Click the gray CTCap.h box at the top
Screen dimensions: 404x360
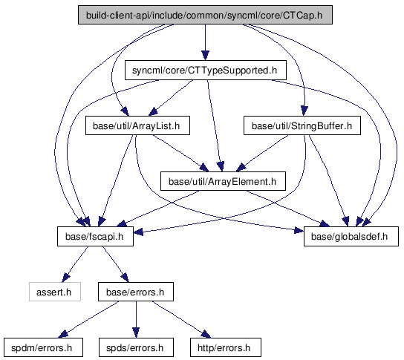pos(205,15)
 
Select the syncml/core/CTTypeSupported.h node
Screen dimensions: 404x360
pos(206,71)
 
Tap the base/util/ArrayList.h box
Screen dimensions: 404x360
pos(137,125)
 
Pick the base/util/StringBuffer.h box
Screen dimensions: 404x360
pos(302,125)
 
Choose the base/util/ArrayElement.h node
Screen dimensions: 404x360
pos(223,181)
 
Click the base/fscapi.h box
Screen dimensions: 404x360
pos(95,236)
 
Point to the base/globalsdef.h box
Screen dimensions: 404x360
pos(351,236)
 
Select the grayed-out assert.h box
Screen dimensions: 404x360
pos(55,292)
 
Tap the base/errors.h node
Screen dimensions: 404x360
pos(135,292)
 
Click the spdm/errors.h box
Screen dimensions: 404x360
pos(43,347)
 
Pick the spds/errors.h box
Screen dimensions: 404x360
pos(136,347)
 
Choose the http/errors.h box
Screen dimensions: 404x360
pos(226,347)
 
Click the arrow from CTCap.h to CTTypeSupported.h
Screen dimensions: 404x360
pos(205,42)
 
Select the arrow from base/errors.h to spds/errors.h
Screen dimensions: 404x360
pos(136,319)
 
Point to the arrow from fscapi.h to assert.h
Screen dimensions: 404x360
pos(75,264)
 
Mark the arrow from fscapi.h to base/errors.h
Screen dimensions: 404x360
pos(115,264)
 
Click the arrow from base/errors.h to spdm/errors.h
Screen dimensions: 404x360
pos(89,320)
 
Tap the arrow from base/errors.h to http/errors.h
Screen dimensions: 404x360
pos(181,320)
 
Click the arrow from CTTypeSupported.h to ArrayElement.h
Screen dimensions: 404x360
pos(214,125)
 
